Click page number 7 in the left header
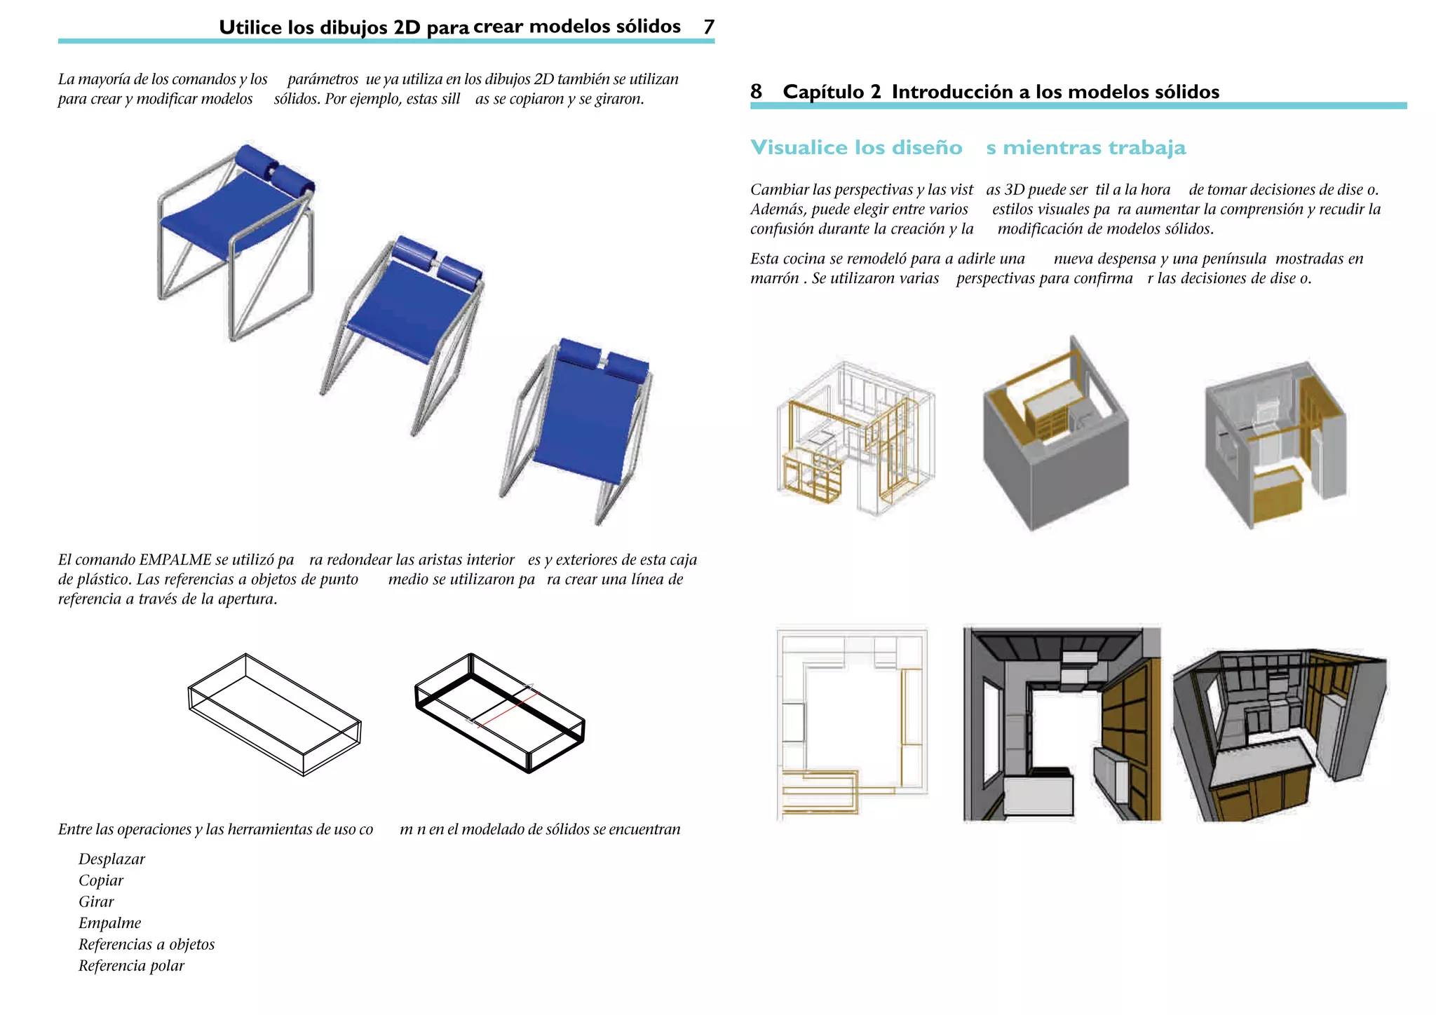tap(709, 27)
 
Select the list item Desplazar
tap(111, 859)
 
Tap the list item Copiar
tap(100, 880)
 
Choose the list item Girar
tap(96, 901)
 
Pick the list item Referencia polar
tap(131, 965)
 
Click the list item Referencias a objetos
tap(146, 944)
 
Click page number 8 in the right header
tap(756, 92)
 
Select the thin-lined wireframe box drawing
tap(274, 715)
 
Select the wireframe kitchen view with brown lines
tap(854, 438)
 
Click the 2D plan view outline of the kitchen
tap(852, 722)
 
